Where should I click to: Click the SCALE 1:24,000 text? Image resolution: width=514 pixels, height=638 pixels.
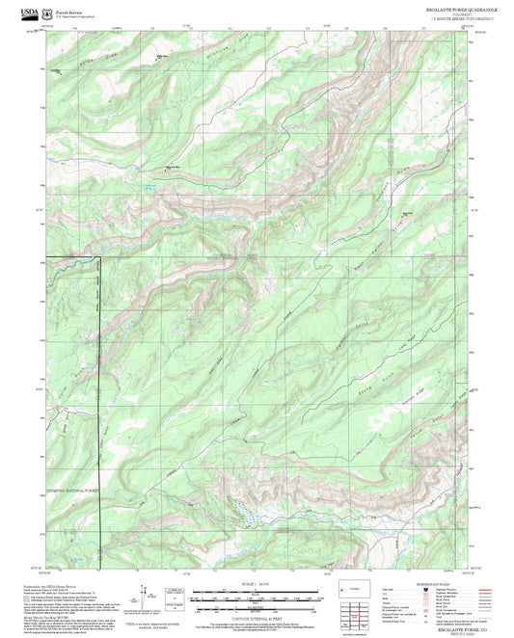point(257,586)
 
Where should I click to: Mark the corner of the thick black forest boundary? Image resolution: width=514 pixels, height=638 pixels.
point(98,257)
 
